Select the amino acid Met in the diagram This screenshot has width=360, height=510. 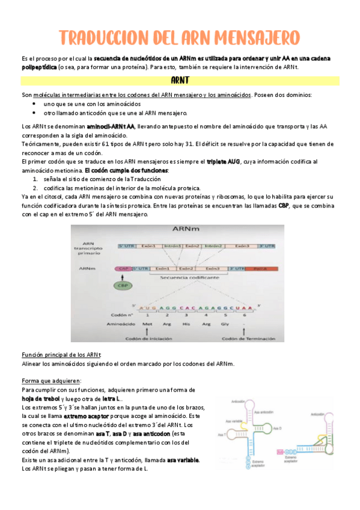click(147, 323)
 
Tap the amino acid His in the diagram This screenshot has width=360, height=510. click(186, 323)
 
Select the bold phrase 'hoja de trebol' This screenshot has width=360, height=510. click(40, 399)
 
